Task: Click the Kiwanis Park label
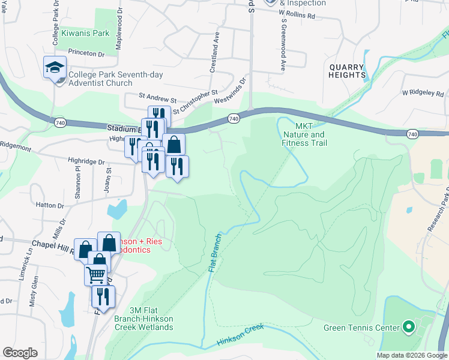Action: click(85, 33)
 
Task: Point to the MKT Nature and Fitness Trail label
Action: click(304, 139)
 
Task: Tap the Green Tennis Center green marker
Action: click(409, 327)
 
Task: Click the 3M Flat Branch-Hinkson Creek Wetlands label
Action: click(143, 318)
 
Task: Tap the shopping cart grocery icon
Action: click(96, 275)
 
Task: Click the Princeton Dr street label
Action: click(86, 53)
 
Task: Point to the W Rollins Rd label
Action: click(295, 16)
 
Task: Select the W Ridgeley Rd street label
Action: click(423, 94)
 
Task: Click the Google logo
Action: click(20, 353)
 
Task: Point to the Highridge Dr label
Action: click(86, 162)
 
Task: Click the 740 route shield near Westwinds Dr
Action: click(234, 119)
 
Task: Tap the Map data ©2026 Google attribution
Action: click(411, 355)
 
